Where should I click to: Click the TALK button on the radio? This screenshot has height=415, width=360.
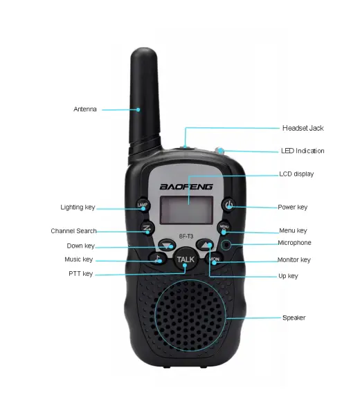tap(186, 259)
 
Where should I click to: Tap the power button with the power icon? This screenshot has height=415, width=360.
tap(229, 205)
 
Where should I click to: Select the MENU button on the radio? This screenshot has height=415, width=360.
tap(224, 228)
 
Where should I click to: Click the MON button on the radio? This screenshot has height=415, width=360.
tap(214, 259)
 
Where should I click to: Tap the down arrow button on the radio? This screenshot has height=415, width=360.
tap(167, 245)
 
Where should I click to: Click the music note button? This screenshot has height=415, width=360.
tap(158, 258)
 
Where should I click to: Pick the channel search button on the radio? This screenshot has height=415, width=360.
tap(147, 228)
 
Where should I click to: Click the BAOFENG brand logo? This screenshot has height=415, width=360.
tap(186, 187)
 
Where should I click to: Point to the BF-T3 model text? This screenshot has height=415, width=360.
tap(186, 236)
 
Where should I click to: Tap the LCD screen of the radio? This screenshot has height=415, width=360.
tap(186, 210)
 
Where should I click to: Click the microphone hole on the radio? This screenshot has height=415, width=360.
tap(226, 245)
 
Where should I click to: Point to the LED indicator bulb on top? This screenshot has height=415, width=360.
tap(219, 150)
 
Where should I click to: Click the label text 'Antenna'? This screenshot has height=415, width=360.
tap(85, 109)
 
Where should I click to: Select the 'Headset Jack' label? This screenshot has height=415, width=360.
tap(303, 128)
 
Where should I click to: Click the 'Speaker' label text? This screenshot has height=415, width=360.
tap(294, 317)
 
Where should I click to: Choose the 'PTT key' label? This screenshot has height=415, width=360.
tap(81, 274)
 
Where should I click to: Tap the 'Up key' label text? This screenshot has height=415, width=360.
tap(288, 276)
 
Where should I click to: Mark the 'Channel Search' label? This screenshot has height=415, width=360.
tap(73, 231)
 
